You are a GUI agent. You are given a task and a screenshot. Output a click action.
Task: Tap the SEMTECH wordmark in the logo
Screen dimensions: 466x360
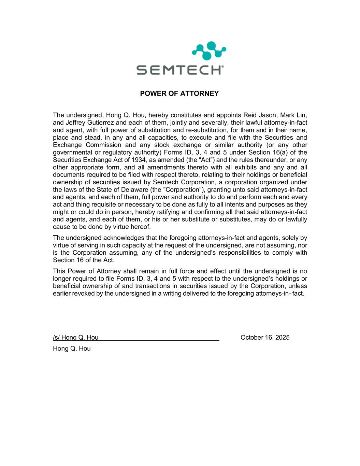click(180, 70)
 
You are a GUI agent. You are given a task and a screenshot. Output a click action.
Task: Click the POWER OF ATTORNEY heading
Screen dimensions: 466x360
click(179, 94)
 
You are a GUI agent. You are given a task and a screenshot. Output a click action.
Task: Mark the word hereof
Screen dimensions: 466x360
click(141, 227)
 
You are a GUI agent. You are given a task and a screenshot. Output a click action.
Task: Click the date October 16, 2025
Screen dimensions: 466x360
click(265, 338)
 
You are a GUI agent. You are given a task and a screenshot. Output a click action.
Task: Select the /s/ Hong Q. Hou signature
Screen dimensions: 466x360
click(76, 338)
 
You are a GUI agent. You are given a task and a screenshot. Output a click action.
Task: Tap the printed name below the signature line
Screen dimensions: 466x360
click(72, 349)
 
